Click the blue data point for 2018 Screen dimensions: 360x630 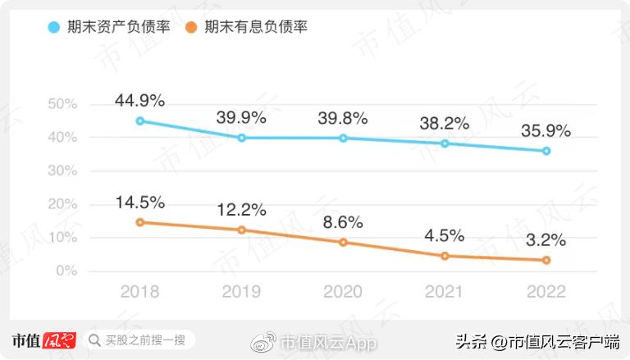click(140, 121)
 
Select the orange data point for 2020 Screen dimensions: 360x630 click(344, 242)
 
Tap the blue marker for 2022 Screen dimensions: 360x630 click(546, 151)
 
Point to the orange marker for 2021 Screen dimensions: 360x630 click(445, 256)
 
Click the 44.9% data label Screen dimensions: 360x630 click(140, 101)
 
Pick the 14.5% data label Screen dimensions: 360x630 click(140, 203)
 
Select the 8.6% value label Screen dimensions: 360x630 click(344, 221)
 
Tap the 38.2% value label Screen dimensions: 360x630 click(445, 124)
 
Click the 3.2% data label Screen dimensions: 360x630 click(546, 240)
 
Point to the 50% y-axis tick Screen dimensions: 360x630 click(62, 104)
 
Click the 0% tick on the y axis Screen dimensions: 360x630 click(66, 271)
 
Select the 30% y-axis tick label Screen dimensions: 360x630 click(62, 171)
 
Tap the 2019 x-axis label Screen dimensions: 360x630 click(241, 292)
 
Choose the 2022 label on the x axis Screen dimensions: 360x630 click(546, 292)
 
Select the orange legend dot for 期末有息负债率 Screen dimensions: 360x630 click(189, 27)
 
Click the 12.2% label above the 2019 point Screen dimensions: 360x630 click(241, 211)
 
